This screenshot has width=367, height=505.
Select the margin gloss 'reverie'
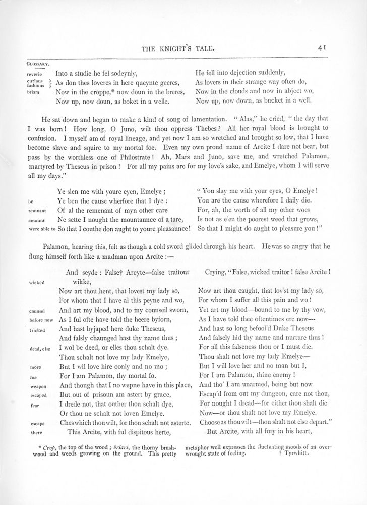(34, 73)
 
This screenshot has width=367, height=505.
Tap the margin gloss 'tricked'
(35, 329)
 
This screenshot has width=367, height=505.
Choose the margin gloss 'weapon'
(34, 386)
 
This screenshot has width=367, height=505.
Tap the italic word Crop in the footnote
(49, 447)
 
